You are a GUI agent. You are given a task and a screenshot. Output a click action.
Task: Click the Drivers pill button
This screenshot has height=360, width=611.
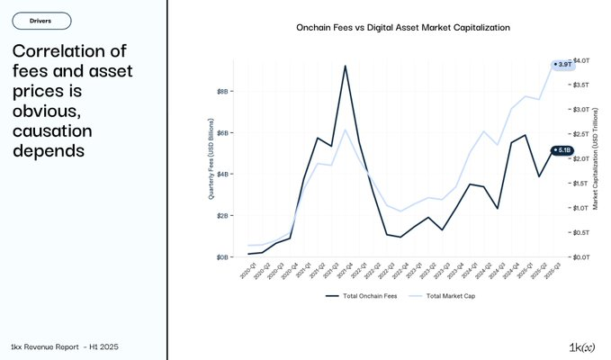(40, 20)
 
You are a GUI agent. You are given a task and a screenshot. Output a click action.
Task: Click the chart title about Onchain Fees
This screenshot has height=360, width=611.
(403, 28)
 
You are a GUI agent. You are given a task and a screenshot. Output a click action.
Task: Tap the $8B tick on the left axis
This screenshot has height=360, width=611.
(221, 91)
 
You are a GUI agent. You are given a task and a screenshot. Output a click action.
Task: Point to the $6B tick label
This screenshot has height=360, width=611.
(221, 132)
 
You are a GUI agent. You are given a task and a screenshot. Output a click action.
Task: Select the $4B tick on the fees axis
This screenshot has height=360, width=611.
(221, 174)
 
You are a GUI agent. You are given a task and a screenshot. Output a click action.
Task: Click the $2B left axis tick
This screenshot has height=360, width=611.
(221, 215)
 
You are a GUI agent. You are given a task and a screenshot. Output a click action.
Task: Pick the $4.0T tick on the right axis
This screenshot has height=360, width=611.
(581, 59)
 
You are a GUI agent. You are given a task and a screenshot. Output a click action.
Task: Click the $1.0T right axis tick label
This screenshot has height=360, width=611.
(581, 208)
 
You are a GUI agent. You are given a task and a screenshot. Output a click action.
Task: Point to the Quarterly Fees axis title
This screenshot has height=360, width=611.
(211, 157)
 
